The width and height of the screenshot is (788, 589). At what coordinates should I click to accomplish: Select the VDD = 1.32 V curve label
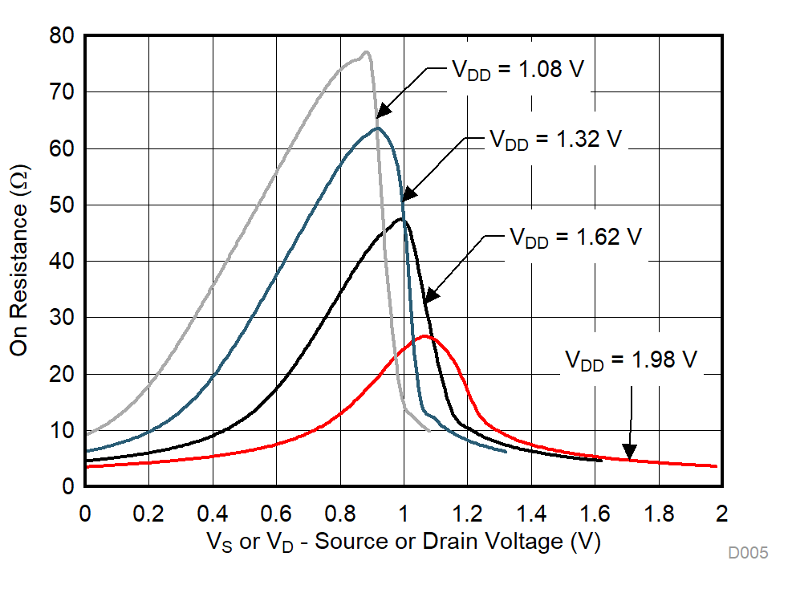pos(555,138)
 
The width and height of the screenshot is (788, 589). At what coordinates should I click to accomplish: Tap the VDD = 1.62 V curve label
pos(576,238)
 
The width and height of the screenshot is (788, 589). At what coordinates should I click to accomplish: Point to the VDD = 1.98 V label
pos(631,359)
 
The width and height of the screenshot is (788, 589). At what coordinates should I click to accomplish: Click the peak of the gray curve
pos(366,53)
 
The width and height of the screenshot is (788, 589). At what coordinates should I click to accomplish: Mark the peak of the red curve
pos(425,336)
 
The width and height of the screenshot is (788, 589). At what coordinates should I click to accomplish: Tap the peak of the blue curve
pos(377,128)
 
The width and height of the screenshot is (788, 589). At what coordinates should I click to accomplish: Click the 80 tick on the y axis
pos(63,36)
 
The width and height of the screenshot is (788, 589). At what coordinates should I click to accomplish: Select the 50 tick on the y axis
pos(63,205)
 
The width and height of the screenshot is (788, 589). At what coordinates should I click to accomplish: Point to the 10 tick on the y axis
pos(63,431)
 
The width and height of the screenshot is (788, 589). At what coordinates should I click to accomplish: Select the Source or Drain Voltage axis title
pos(403,542)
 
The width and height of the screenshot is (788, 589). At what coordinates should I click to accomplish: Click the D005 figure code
pos(748,553)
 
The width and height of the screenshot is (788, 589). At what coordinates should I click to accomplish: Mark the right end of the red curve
pos(716,466)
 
